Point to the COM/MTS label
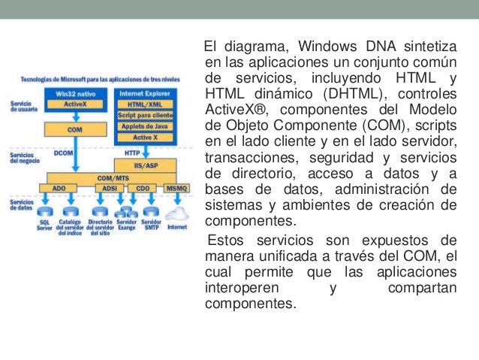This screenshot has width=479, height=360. click(x=110, y=177)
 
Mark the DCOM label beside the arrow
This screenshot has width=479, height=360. click(x=63, y=152)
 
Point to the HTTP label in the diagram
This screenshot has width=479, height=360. click(x=132, y=152)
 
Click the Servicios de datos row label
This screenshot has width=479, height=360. click(x=22, y=205)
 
